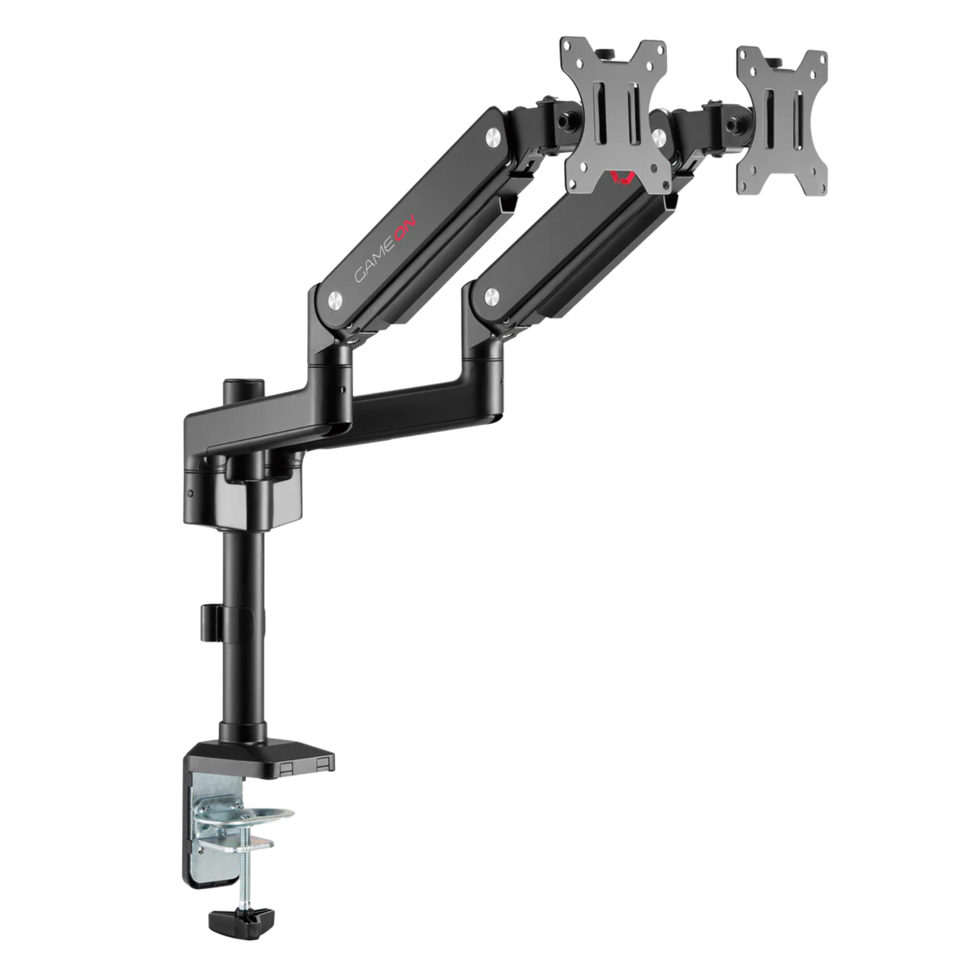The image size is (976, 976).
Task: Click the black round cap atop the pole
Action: [234, 389]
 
